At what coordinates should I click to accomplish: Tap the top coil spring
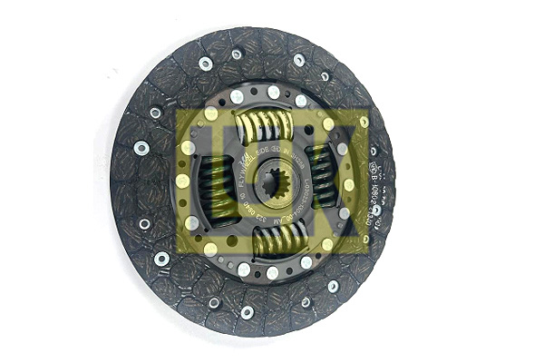[264, 123]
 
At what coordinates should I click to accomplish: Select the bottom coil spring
[277, 240]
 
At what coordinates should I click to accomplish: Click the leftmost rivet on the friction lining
[141, 147]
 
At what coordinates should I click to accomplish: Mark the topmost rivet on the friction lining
[237, 54]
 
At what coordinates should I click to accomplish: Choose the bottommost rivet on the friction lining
[247, 311]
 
